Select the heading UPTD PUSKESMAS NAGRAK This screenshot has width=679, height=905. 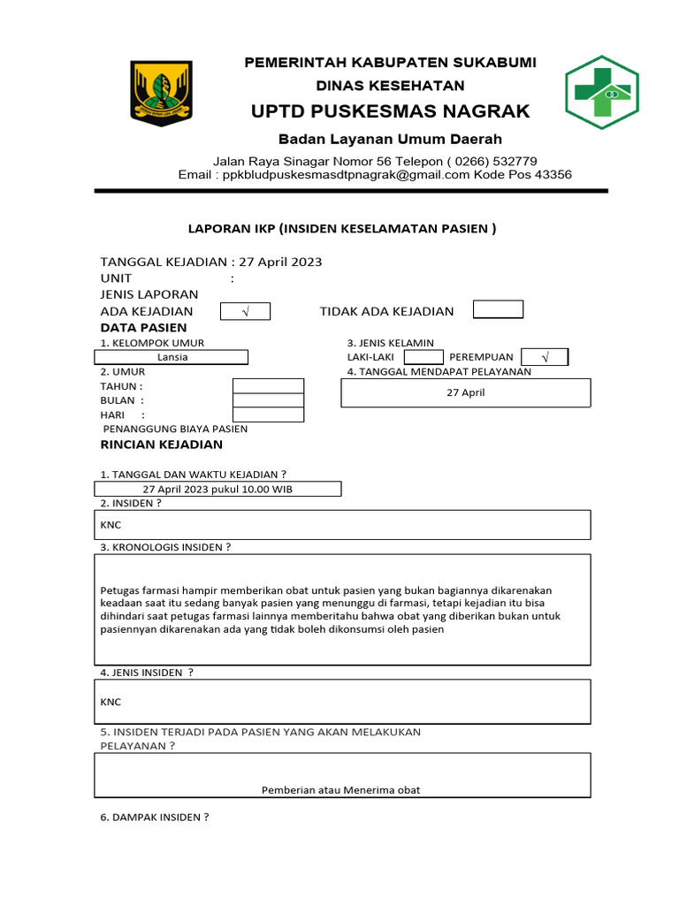(391, 111)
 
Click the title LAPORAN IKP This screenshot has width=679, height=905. (341, 229)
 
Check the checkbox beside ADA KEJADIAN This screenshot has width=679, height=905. (245, 311)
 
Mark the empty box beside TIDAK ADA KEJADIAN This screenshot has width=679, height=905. (498, 309)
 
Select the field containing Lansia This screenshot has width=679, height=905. (172, 357)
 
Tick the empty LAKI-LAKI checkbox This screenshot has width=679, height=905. (423, 357)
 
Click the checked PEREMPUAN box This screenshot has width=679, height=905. (545, 357)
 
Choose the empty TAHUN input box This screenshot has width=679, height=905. (268, 386)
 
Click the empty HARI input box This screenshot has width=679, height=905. (268, 414)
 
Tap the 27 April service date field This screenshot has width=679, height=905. (466, 392)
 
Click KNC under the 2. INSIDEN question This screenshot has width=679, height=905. (111, 525)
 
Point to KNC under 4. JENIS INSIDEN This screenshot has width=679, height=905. (111, 702)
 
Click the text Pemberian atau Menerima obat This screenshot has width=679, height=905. (341, 790)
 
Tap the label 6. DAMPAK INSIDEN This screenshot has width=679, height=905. (155, 818)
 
